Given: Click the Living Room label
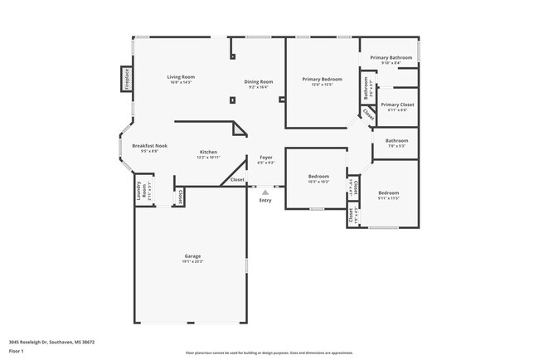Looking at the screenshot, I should tap(181, 77).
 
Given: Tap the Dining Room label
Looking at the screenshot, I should tap(259, 81).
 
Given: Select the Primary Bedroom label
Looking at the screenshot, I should tap(321, 80).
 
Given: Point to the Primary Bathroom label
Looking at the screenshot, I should tap(391, 57).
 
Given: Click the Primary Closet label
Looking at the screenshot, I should tap(397, 105).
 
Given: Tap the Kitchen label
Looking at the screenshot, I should tap(208, 153).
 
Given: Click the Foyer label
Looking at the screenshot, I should tap(265, 157).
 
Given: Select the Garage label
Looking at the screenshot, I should tap(192, 256).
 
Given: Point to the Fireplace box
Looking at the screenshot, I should tap(127, 79).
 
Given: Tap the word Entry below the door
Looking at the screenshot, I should tap(265, 201).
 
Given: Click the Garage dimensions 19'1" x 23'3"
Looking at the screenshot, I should tap(192, 262).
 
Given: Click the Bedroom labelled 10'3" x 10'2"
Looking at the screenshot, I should tap(319, 177).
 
